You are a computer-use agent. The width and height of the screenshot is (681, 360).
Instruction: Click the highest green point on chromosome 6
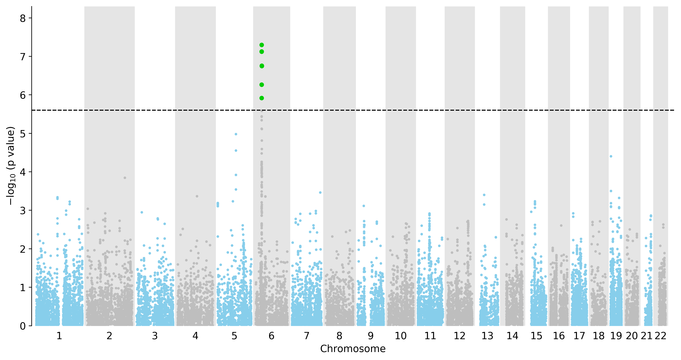[x=262, y=45]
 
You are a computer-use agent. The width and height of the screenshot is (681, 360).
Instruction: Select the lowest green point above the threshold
[x=262, y=98]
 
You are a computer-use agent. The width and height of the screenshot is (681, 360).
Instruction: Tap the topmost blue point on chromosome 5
[x=236, y=134]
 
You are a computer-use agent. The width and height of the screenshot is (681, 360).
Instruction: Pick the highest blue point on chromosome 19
[x=611, y=156]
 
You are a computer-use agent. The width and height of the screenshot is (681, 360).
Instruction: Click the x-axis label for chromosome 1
[x=59, y=336]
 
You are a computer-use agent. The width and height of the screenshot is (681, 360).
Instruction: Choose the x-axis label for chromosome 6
[x=271, y=336]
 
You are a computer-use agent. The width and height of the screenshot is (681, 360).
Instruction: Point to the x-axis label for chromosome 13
[x=487, y=336]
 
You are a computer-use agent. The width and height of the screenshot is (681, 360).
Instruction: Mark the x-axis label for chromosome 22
[x=660, y=336]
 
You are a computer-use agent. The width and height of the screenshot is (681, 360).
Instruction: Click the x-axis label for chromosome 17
[x=579, y=336]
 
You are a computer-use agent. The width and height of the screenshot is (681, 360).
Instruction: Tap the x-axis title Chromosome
[x=353, y=349]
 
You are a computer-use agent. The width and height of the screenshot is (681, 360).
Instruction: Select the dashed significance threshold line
[x=353, y=110]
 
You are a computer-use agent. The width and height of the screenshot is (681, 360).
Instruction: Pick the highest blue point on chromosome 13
[x=484, y=195]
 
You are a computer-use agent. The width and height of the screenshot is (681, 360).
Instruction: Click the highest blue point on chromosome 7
[x=320, y=193]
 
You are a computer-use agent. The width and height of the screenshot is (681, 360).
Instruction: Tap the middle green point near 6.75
[x=262, y=66]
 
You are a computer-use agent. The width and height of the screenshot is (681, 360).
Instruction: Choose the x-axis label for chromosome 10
[x=400, y=336]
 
